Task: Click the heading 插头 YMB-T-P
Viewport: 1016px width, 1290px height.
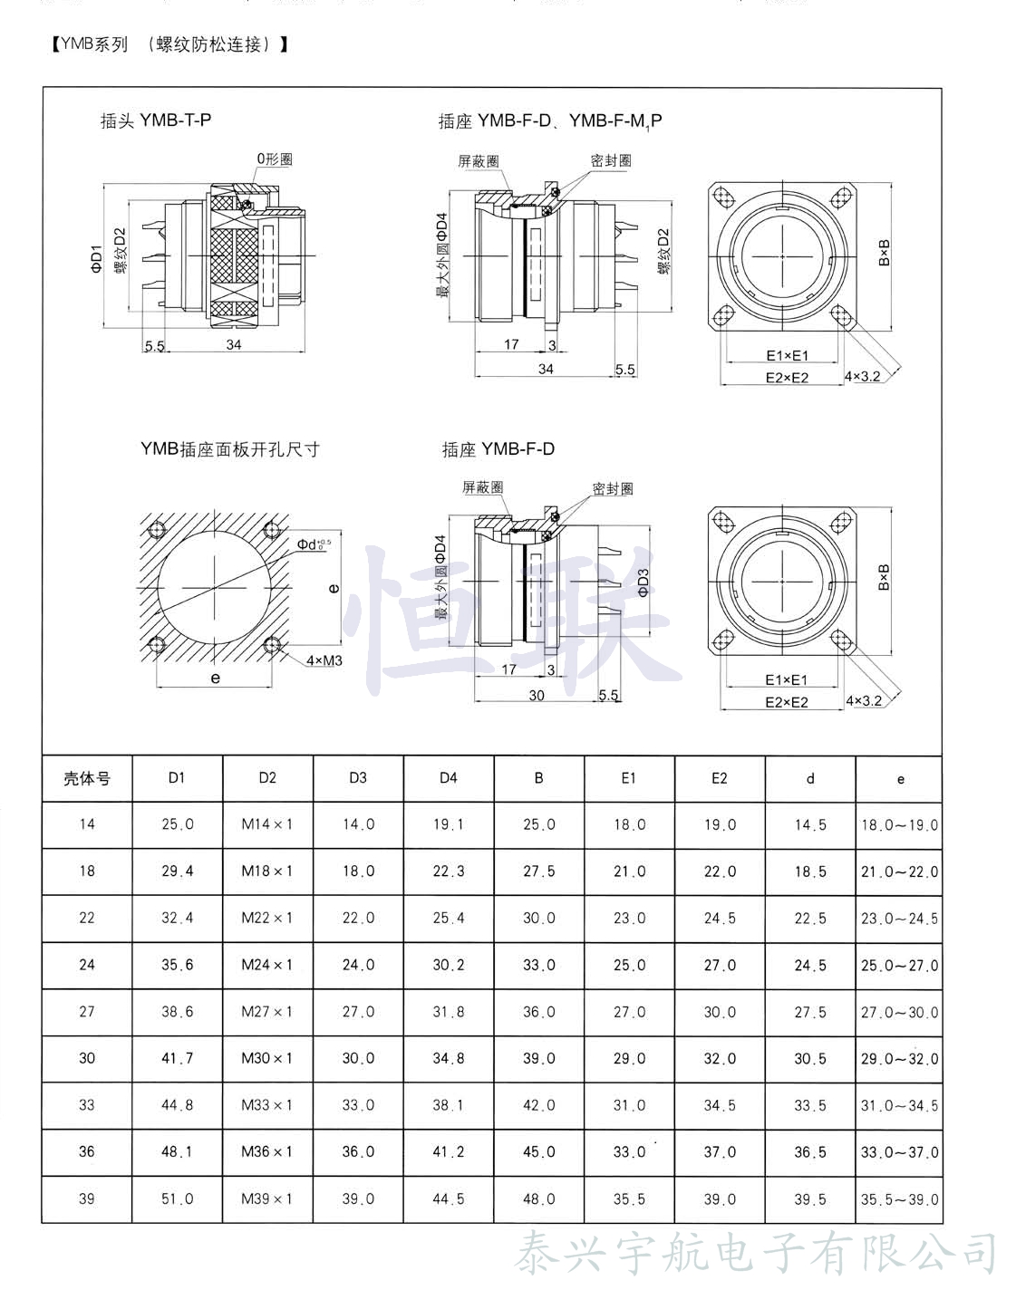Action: pyautogui.click(x=156, y=120)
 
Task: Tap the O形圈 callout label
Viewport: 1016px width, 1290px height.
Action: pyautogui.click(x=275, y=159)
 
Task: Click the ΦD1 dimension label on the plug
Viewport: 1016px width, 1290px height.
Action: pyautogui.click(x=97, y=259)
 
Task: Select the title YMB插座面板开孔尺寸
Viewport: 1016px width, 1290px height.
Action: pyautogui.click(x=229, y=449)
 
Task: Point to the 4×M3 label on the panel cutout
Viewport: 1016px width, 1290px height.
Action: pyautogui.click(x=324, y=660)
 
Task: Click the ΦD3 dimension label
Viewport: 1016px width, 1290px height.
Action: pyautogui.click(x=643, y=582)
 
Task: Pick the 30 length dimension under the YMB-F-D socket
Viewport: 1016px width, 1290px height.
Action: pyautogui.click(x=537, y=696)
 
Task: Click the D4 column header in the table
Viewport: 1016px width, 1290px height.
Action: pyautogui.click(x=449, y=778)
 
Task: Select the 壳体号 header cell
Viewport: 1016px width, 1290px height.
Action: pyautogui.click(x=88, y=779)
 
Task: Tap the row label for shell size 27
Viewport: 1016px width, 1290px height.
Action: pyautogui.click(x=87, y=1012)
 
